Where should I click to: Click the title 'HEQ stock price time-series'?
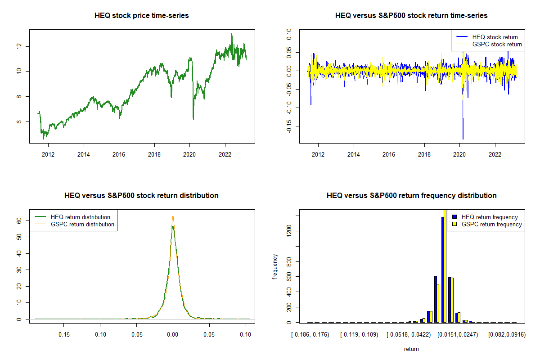pos(142,16)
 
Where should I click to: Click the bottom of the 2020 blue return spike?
pos(463,139)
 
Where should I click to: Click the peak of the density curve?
pos(172,216)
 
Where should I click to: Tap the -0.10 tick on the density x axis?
pos(99,335)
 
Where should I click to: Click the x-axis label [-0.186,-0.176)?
pos(310,335)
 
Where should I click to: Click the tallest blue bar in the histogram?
pos(443,270)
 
